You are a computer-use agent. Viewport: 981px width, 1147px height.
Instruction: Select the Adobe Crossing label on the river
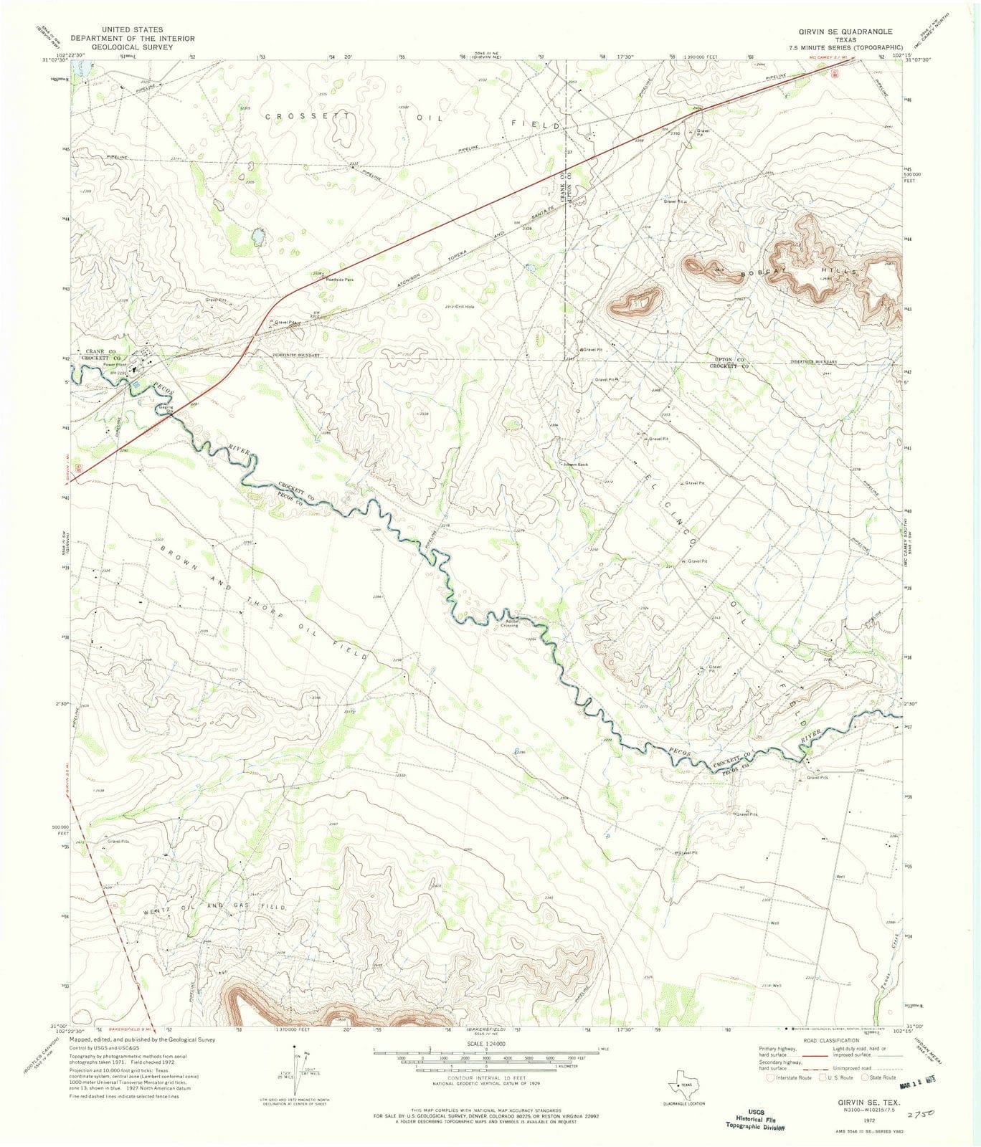click(x=511, y=623)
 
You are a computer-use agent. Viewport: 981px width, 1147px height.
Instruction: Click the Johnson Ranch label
click(x=574, y=465)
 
